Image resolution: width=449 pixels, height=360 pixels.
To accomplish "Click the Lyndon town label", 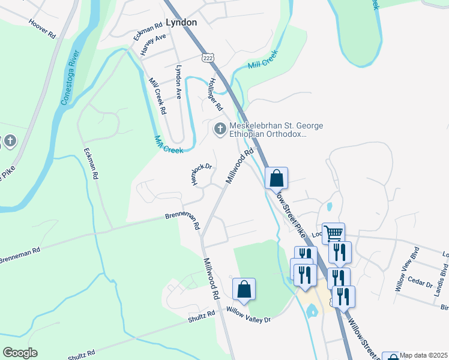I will click(181, 22).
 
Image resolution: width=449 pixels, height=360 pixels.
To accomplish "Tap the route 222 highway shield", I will click(208, 56).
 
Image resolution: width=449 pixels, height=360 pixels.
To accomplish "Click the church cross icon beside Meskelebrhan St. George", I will click(220, 129).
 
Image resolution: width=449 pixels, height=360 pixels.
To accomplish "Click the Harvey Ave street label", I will click(152, 45).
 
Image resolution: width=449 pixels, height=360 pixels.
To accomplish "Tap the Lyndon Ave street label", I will click(178, 82).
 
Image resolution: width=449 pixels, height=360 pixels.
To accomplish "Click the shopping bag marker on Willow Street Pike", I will click(276, 178).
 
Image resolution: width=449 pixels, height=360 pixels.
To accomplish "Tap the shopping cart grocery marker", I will click(333, 233).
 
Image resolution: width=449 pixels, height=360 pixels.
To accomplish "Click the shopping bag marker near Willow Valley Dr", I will click(244, 289).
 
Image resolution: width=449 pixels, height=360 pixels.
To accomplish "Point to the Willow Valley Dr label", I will click(249, 315).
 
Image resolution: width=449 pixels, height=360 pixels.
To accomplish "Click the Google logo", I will click(20, 353).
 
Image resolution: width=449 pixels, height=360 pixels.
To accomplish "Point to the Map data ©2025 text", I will click(424, 355).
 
